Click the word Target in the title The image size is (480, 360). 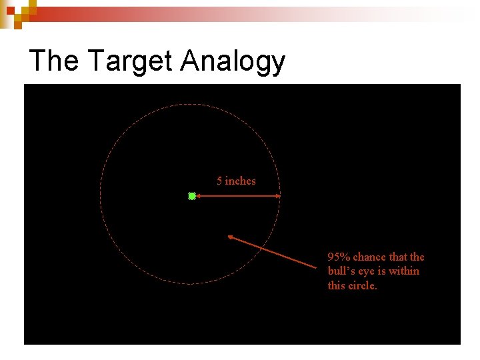[x=130, y=61]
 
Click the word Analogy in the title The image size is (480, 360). [x=233, y=62]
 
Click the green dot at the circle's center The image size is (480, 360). [x=192, y=196]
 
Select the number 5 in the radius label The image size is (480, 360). [x=219, y=181]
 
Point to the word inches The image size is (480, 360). [x=240, y=181]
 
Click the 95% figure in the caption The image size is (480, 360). [x=339, y=257]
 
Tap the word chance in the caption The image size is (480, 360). [x=368, y=257]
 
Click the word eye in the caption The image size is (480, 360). [x=368, y=271]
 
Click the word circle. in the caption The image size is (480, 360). [x=363, y=286]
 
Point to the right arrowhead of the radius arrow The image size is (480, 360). [x=279, y=196]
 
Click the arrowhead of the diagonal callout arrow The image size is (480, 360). [x=230, y=237]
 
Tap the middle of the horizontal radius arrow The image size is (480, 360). [x=237, y=196]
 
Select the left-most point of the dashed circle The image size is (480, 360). [x=101, y=195]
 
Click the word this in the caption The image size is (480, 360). [x=336, y=286]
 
